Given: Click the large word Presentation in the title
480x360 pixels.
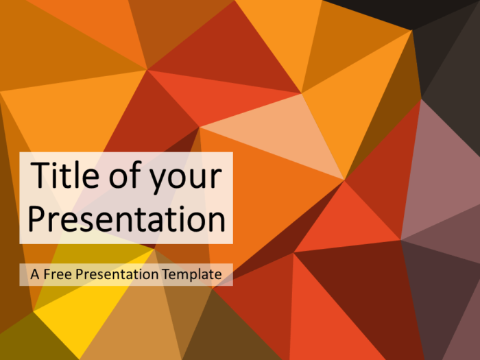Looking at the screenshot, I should [x=126, y=220].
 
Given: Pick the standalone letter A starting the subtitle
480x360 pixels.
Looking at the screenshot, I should [x=34, y=274].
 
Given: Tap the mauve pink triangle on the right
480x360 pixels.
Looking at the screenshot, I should [x=439, y=171].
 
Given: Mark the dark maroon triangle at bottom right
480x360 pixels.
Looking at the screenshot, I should [x=363, y=288].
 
